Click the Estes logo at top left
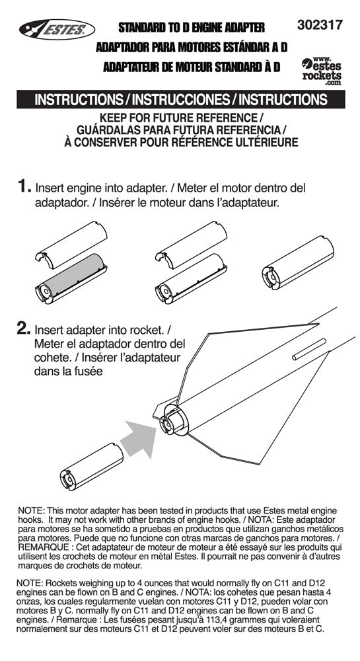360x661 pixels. coord(55,28)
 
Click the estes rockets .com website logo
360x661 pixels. coord(322,69)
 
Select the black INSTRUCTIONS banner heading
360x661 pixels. coord(180,100)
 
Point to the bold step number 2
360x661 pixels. coord(24,327)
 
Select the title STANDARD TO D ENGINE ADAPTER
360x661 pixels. coord(191,28)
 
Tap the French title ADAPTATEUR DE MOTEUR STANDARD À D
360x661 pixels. coord(192,67)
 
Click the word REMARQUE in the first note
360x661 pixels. coord(43,547)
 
